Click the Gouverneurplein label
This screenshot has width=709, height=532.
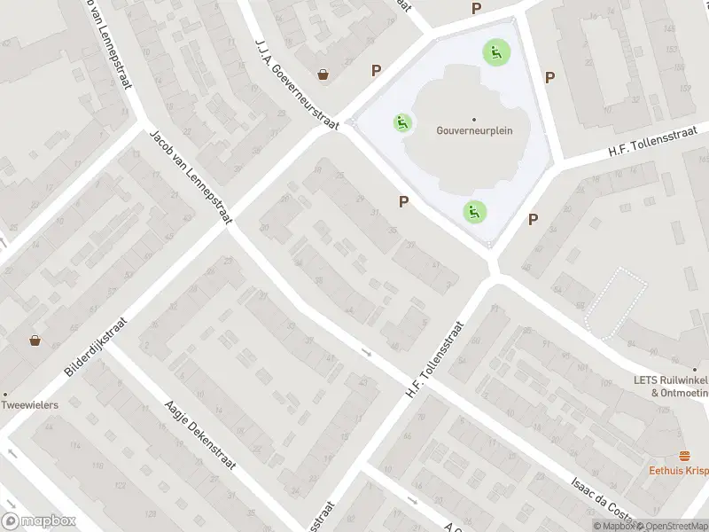click(x=473, y=129)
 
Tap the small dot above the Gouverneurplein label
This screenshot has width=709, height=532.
click(x=473, y=119)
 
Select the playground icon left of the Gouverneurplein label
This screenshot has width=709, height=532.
click(x=403, y=122)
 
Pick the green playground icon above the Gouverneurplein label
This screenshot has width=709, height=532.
click(x=495, y=51)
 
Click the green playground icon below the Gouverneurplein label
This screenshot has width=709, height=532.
click(x=474, y=212)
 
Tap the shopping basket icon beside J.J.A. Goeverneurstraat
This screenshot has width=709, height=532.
click(x=324, y=74)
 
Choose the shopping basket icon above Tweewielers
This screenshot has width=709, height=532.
click(x=35, y=339)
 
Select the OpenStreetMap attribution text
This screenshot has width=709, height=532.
click(x=671, y=527)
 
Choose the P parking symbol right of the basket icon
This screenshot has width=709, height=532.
click(x=377, y=71)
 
